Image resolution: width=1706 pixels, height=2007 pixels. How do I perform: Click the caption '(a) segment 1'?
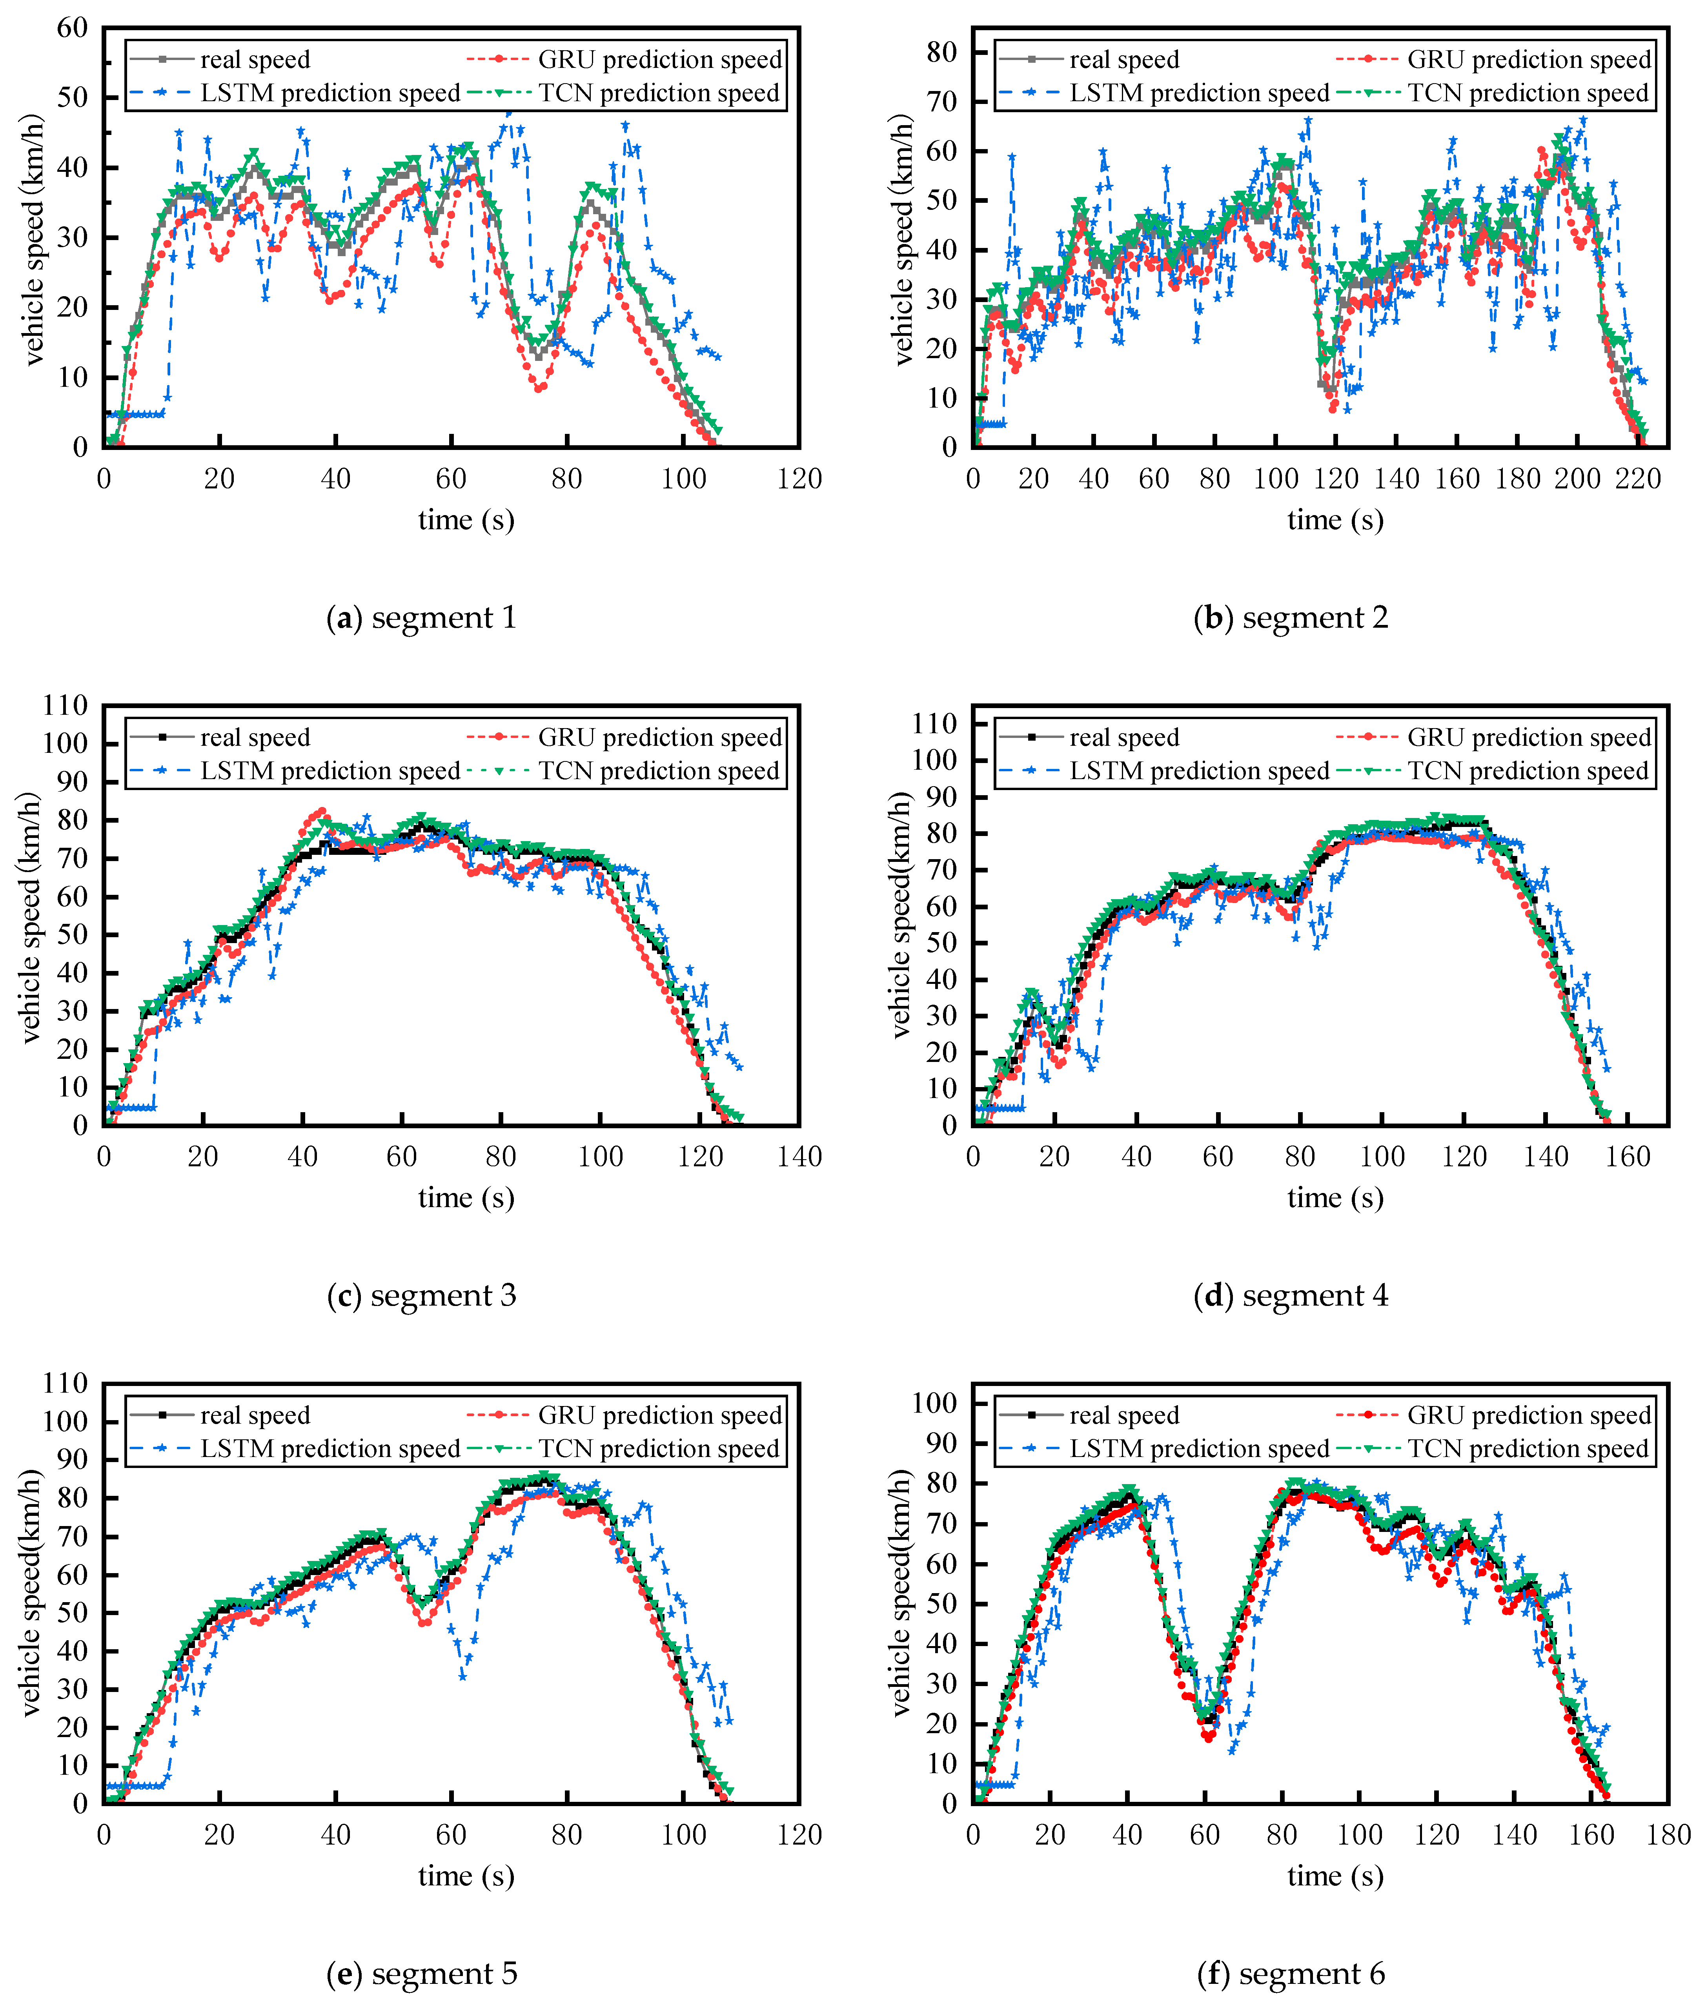(422, 617)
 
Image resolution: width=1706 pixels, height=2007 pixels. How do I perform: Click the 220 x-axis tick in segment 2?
(1638, 479)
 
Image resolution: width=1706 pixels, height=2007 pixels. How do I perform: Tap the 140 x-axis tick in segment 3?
(799, 1157)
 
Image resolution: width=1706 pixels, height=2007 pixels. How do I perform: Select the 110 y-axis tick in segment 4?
(934, 723)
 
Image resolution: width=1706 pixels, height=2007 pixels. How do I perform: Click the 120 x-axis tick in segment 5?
(799, 1835)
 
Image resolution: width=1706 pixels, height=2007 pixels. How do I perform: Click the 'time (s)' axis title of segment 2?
(1335, 520)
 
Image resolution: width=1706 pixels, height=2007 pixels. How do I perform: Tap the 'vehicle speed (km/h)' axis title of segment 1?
(34, 240)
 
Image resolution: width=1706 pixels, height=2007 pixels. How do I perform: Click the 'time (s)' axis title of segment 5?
(466, 1876)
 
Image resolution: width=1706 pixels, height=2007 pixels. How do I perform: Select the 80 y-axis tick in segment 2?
(941, 52)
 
